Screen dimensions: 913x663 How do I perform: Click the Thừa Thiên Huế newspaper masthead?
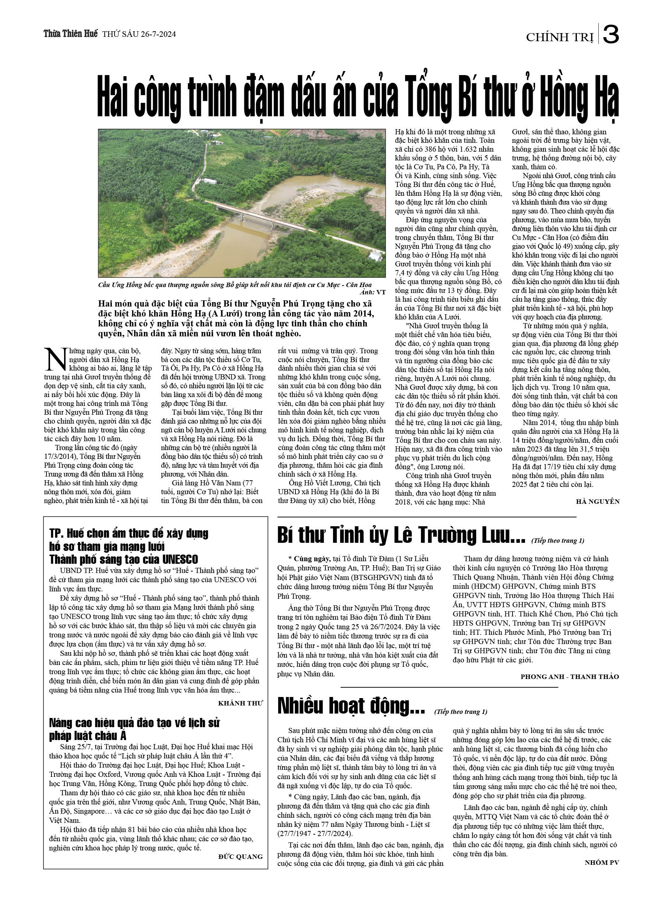tap(70, 34)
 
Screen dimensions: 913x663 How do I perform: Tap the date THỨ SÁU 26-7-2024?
tap(139, 34)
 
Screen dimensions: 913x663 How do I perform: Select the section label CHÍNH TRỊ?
tap(560, 38)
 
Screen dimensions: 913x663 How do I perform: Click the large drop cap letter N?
tap(55, 360)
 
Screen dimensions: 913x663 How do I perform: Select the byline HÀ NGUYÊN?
tap(598, 502)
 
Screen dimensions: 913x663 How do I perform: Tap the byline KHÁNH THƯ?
tap(240, 703)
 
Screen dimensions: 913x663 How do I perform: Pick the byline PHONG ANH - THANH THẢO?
tap(569, 677)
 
